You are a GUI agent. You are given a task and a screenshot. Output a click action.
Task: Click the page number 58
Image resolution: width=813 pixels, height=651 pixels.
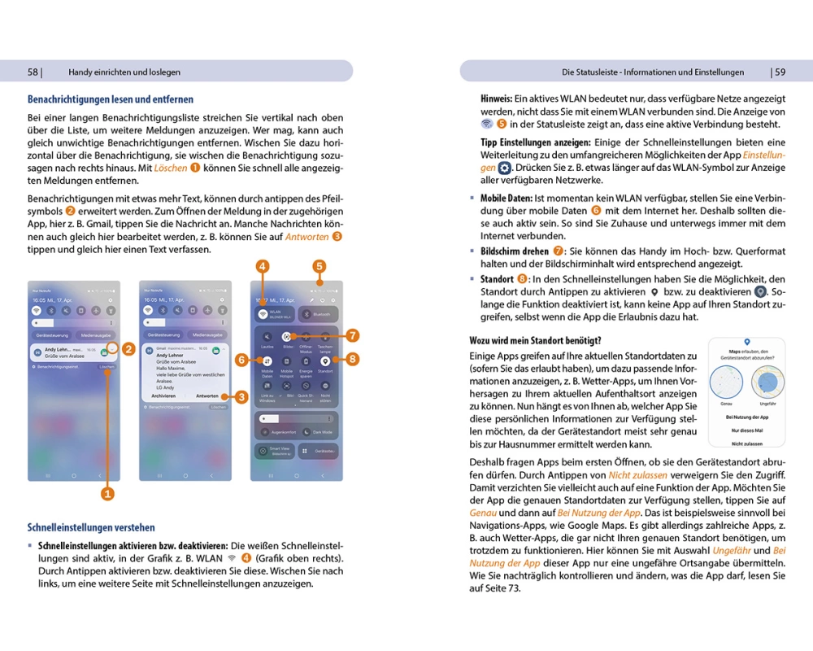33,72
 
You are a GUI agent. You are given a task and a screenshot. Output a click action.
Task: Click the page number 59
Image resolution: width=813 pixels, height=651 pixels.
780,72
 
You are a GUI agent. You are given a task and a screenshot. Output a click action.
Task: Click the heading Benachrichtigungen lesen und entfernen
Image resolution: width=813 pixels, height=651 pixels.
111,100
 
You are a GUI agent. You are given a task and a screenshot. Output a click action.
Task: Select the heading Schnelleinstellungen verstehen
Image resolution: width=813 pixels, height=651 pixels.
91,527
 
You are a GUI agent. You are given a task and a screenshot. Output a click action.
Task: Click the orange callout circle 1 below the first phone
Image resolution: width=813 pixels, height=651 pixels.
107,493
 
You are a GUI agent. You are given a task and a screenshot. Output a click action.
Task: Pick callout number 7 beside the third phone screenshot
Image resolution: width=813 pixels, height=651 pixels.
352,335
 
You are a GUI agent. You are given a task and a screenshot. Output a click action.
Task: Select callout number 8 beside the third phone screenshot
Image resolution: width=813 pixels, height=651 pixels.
352,358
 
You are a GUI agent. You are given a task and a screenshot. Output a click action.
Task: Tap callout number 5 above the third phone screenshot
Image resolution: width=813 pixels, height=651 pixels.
320,265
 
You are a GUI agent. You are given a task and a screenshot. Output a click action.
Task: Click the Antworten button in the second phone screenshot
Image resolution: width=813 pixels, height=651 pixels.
207,396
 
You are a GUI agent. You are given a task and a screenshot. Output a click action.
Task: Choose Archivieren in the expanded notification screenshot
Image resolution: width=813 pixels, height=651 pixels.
163,396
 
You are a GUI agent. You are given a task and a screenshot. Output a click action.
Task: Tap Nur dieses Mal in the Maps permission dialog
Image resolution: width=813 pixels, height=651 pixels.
746,430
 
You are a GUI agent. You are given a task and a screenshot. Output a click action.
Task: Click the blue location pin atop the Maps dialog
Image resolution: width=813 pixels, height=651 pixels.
746,343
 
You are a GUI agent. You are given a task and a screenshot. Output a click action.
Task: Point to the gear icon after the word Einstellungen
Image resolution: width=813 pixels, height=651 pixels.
505,168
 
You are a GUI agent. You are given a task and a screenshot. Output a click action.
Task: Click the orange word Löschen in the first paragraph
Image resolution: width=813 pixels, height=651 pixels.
171,168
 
